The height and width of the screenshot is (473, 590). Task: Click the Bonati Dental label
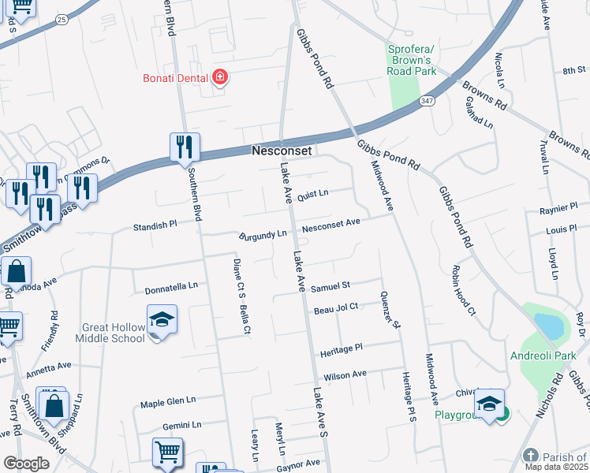click(x=174, y=77)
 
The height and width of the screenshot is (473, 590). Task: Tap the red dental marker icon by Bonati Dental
click(x=220, y=77)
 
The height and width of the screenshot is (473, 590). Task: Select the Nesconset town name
click(x=282, y=150)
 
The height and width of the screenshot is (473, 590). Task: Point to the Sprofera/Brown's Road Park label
click(x=412, y=60)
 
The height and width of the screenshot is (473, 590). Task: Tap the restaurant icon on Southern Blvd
click(x=185, y=147)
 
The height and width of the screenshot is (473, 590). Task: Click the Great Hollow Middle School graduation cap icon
click(x=162, y=320)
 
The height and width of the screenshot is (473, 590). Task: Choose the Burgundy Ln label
click(x=263, y=235)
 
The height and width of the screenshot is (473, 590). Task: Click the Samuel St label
click(x=330, y=288)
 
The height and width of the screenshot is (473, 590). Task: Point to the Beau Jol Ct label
click(x=336, y=307)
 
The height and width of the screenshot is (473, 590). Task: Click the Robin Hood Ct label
click(x=462, y=291)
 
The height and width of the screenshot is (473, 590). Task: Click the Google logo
click(x=26, y=464)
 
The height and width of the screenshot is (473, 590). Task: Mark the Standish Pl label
click(x=155, y=224)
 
